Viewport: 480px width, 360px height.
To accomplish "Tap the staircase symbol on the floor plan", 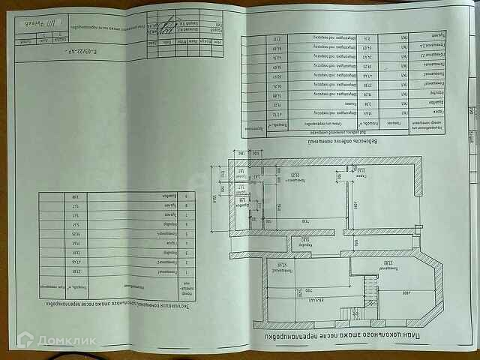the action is [x=367, y=290].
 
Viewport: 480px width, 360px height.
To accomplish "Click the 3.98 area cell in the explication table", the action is [x=75, y=197].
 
